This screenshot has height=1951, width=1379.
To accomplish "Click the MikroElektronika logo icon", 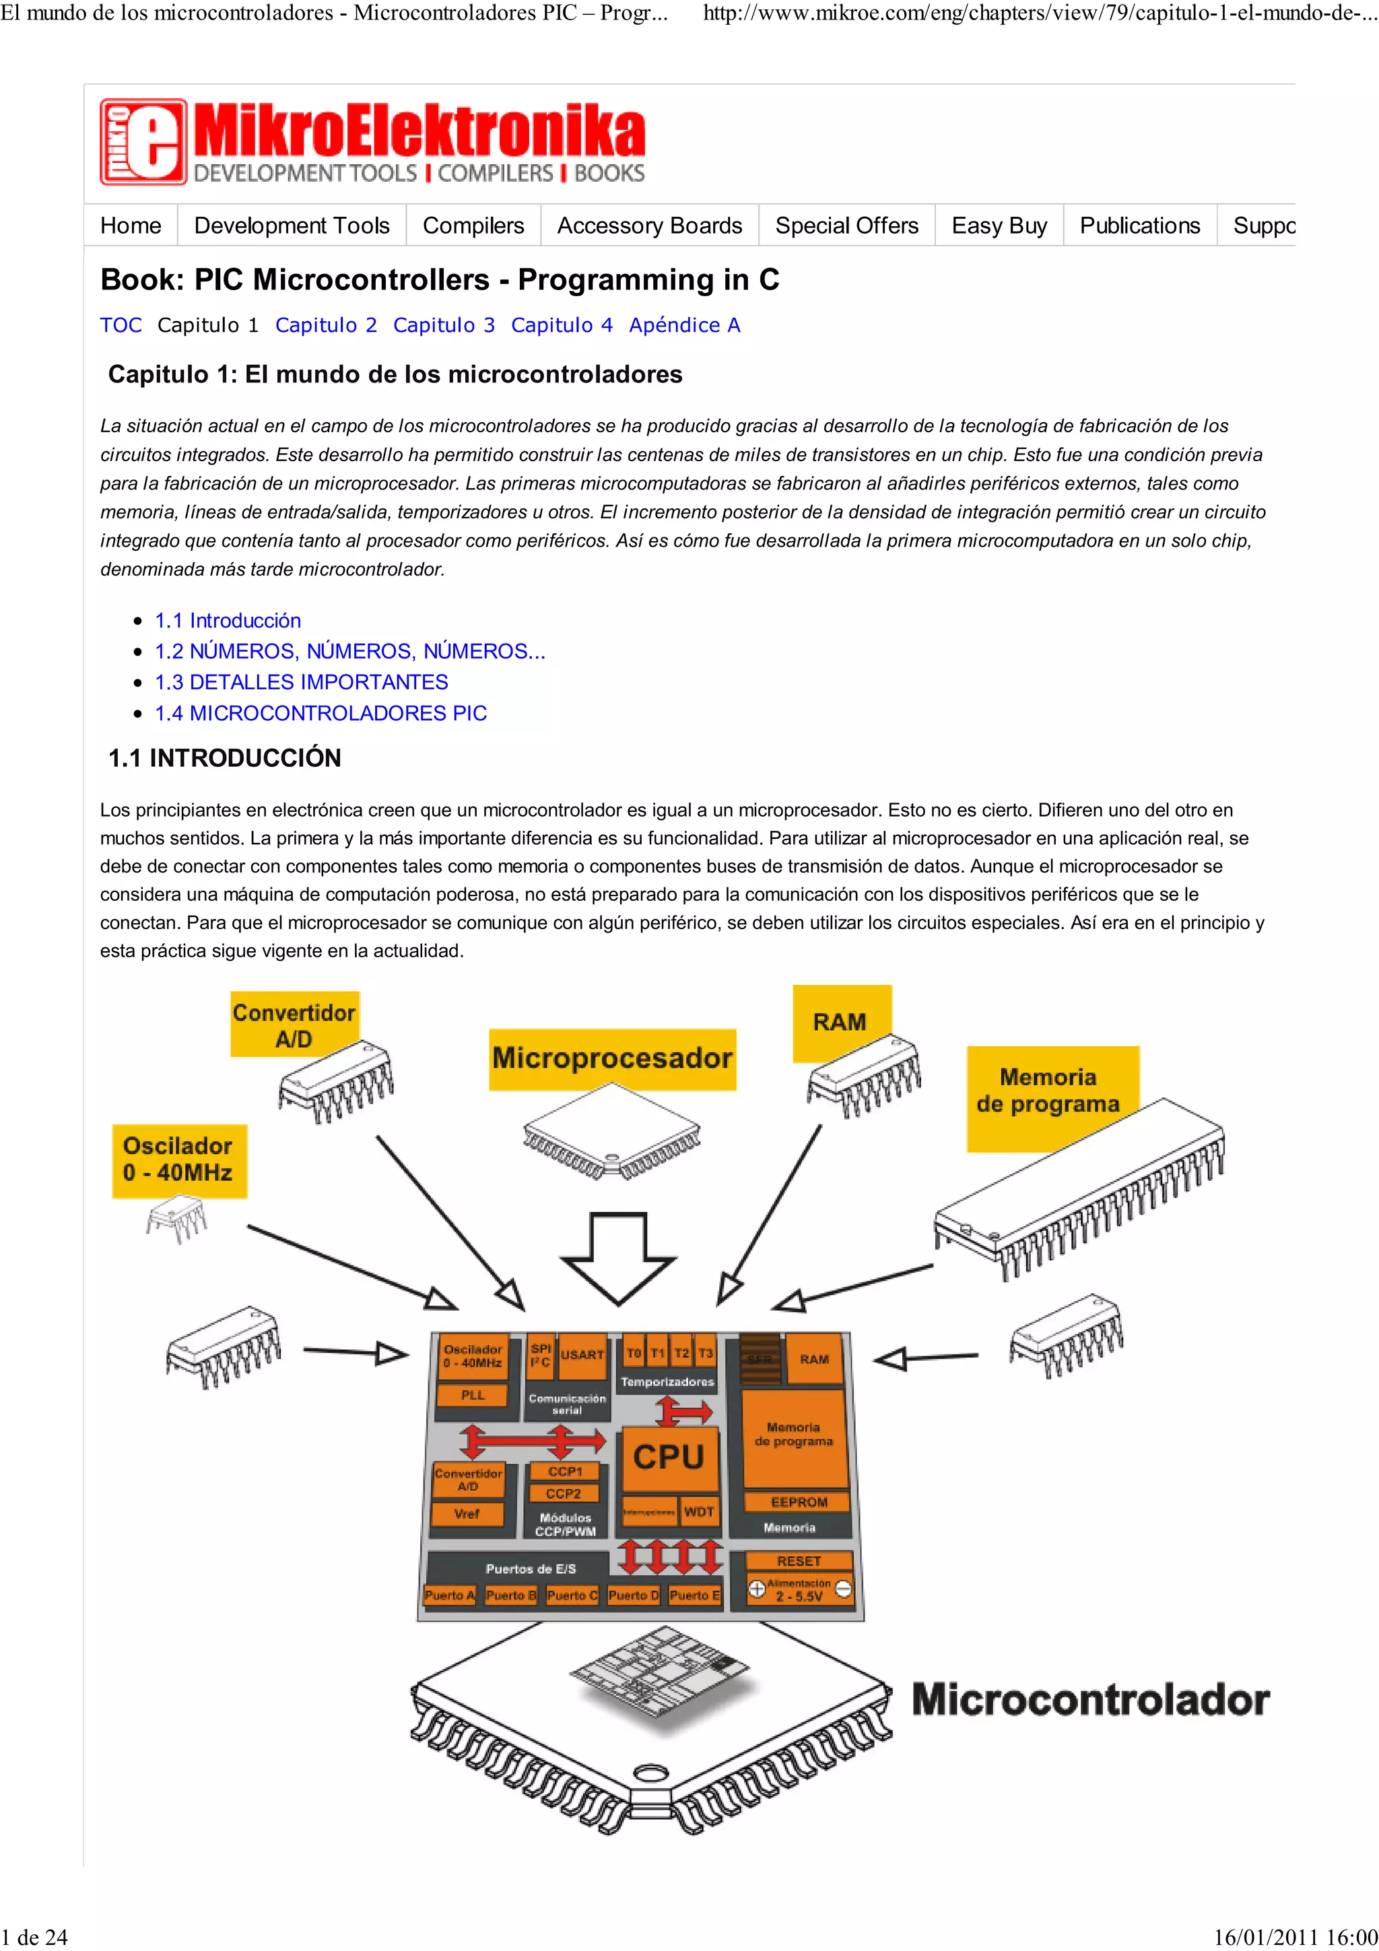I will (143, 142).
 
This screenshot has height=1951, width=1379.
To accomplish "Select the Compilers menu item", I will (473, 226).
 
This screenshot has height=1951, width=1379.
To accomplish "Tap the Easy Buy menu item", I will (999, 226).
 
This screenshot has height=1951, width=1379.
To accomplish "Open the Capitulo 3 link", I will (444, 325).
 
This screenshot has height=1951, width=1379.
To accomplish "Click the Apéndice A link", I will (684, 325).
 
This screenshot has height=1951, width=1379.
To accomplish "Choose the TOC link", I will (121, 325).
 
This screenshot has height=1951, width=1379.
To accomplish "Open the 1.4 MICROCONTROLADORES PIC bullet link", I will (321, 714).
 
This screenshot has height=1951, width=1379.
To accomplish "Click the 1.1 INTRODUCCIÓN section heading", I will (224, 758).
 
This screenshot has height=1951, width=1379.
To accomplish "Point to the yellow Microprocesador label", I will (612, 1059).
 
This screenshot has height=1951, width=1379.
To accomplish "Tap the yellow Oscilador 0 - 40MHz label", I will (178, 1160).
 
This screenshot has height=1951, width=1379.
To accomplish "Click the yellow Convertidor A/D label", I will (294, 1025).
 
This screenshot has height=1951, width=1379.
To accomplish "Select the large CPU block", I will (669, 1458).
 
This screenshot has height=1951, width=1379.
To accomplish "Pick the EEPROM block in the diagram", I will (798, 1503).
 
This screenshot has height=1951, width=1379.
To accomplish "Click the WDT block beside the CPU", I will (698, 1511).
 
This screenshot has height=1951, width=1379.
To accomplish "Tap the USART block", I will (582, 1355).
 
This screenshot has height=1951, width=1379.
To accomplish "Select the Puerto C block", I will (572, 1596).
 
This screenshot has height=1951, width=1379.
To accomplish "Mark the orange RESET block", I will (799, 1561).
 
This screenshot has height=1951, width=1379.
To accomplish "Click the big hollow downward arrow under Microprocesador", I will (619, 1258).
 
